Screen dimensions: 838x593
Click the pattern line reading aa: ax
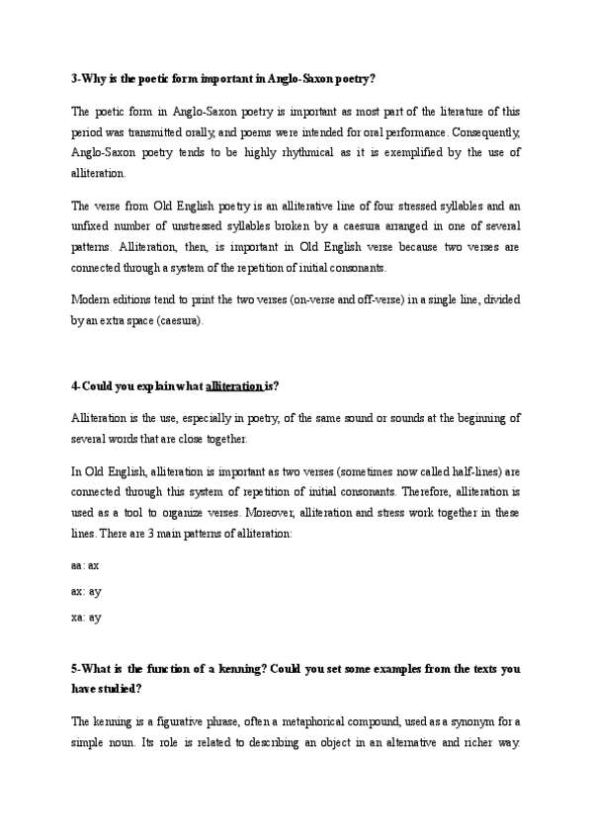coord(86,566)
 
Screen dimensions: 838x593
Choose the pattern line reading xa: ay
coord(86,618)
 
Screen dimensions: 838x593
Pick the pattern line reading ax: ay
coord(86,592)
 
